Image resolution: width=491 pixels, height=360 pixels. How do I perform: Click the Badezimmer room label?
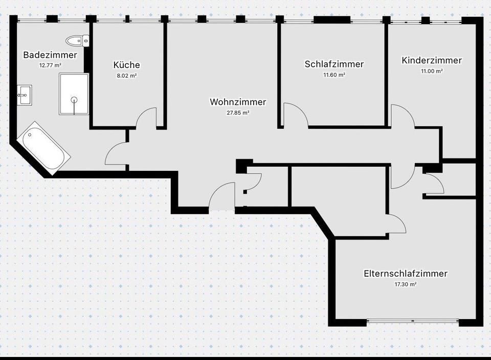[x=50, y=55]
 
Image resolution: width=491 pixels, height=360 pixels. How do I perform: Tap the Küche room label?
[x=126, y=65]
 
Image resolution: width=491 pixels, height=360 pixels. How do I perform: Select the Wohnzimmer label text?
[x=238, y=102]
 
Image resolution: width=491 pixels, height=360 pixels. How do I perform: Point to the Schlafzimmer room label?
[x=334, y=64]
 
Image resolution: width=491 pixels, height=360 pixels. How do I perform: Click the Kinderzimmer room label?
[x=432, y=60]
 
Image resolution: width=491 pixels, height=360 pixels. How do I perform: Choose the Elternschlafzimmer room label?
[x=406, y=274]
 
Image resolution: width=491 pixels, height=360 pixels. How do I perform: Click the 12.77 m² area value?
[x=50, y=65]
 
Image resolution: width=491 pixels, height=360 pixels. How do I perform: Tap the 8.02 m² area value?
[x=126, y=75]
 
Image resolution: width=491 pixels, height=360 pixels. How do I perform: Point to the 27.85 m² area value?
[x=238, y=112]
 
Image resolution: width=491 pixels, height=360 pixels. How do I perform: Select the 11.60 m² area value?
[x=334, y=75]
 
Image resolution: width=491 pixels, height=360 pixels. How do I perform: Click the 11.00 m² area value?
[x=432, y=71]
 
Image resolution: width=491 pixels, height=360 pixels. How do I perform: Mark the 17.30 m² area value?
[x=406, y=284]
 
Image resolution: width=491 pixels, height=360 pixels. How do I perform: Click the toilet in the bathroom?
[x=78, y=40]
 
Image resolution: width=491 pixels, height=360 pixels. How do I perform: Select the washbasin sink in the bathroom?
[x=24, y=95]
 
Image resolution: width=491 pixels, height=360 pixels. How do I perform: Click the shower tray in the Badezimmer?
[x=74, y=94]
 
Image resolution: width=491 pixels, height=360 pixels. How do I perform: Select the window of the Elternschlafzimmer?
[x=413, y=322]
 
